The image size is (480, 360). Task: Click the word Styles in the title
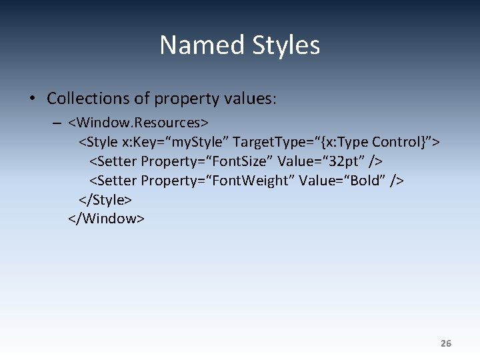coord(286,45)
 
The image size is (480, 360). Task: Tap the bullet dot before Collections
coord(32,99)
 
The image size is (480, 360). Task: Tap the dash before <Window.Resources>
coord(55,123)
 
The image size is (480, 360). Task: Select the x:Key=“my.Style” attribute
coord(175,142)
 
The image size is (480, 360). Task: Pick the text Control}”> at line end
coord(405,142)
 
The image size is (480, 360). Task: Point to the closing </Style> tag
coord(105,199)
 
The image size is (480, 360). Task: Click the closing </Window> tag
coord(106,218)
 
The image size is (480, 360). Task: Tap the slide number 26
coord(446,343)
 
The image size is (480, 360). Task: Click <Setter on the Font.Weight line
coord(113,180)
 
